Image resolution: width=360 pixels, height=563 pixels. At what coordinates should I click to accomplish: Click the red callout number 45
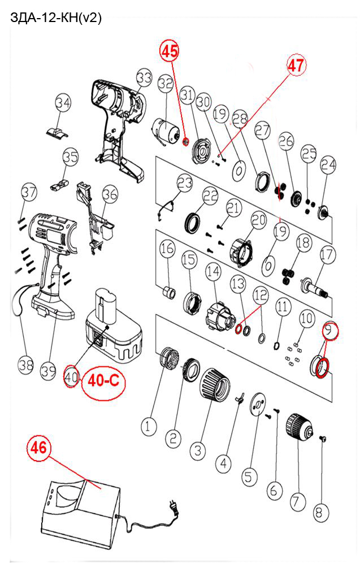tap(170, 51)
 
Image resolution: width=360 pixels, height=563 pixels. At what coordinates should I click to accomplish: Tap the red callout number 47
tap(296, 66)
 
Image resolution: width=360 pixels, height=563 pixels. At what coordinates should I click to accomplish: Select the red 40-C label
tap(104, 380)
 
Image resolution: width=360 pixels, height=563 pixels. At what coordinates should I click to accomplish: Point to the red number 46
tap(38, 447)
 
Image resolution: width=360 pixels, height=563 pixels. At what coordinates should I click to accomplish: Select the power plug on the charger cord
tap(175, 506)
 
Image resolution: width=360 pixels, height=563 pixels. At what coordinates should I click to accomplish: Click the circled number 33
tap(144, 77)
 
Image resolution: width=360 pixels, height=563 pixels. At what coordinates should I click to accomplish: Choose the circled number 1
tap(148, 427)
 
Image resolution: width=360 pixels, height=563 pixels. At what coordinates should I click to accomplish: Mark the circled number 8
tap(319, 512)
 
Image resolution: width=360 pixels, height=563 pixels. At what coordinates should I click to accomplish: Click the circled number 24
tap(328, 165)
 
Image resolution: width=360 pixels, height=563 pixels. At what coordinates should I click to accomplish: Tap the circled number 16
tap(167, 249)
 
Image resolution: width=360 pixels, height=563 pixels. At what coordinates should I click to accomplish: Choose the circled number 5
tap(249, 477)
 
